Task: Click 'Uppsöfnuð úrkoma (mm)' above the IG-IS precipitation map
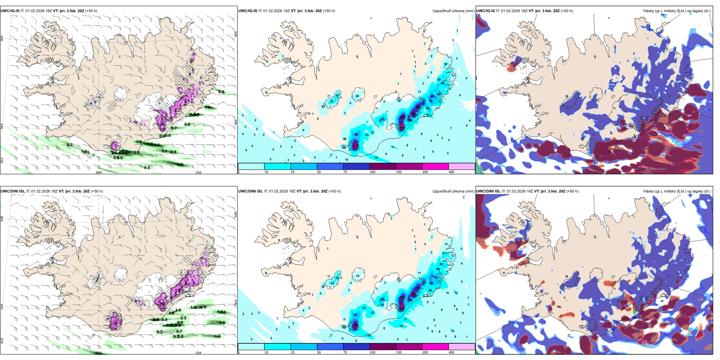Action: (453, 11)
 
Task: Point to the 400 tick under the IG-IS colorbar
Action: (451, 172)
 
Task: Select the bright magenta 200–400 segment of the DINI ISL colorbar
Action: (435, 347)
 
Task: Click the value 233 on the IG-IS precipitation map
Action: (355, 145)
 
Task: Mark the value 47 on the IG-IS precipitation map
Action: (382, 119)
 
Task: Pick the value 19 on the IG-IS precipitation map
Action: (337, 96)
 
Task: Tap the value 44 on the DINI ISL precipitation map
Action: (382, 299)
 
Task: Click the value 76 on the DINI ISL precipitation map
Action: (436, 278)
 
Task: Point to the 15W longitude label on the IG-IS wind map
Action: (198, 172)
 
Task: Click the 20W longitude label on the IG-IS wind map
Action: (99, 172)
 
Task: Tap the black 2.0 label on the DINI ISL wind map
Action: (156, 320)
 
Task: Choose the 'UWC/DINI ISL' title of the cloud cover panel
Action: (488, 191)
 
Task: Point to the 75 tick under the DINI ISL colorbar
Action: (345, 352)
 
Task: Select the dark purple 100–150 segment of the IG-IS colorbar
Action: (382, 166)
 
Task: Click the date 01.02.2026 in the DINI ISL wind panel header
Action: (41, 191)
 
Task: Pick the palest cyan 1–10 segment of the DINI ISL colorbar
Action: (251, 347)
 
